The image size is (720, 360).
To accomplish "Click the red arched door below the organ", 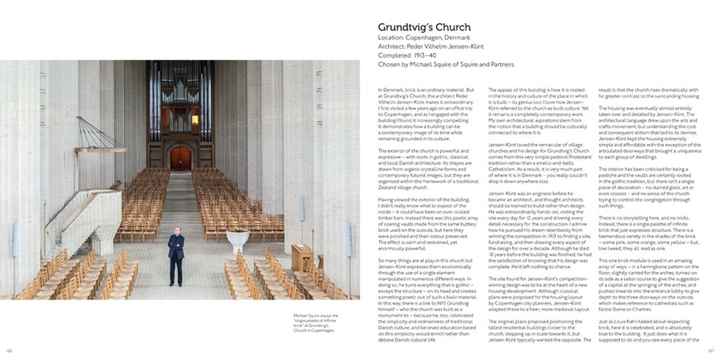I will point(181,157).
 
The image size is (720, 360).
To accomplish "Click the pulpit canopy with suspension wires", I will point(101,149).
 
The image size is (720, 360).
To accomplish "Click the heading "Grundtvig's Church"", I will point(424,27).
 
